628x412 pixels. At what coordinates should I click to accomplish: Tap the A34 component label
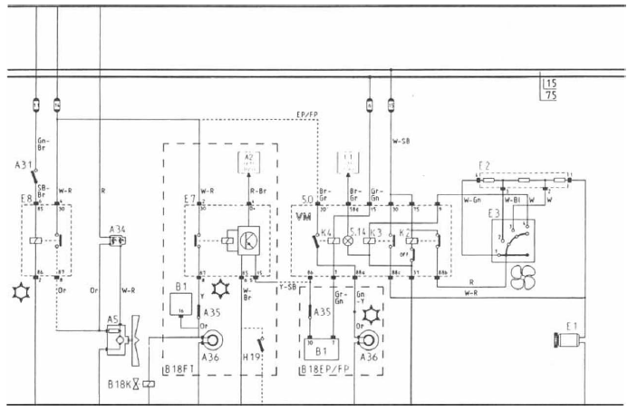pyautogui.click(x=117, y=228)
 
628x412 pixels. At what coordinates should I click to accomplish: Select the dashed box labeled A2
pyautogui.click(x=249, y=162)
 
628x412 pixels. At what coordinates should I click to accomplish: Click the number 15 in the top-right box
pyautogui.click(x=549, y=84)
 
